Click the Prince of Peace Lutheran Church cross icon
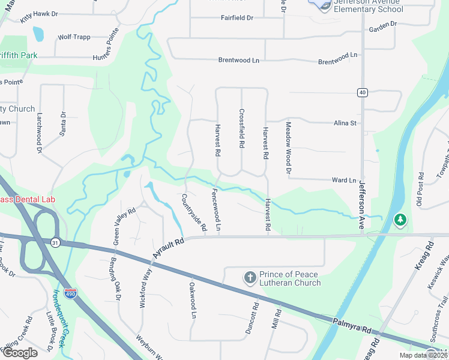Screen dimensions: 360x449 click(250, 278)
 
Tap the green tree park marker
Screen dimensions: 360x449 click(400, 220)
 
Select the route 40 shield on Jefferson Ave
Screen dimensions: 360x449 click(361, 92)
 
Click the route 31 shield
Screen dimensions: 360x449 click(55, 242)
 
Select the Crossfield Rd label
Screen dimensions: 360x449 click(242, 128)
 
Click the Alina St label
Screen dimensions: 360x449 click(345, 123)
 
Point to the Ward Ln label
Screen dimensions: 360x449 click(344, 180)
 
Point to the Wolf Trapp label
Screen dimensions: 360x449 click(74, 37)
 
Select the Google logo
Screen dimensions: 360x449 click(19, 353)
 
